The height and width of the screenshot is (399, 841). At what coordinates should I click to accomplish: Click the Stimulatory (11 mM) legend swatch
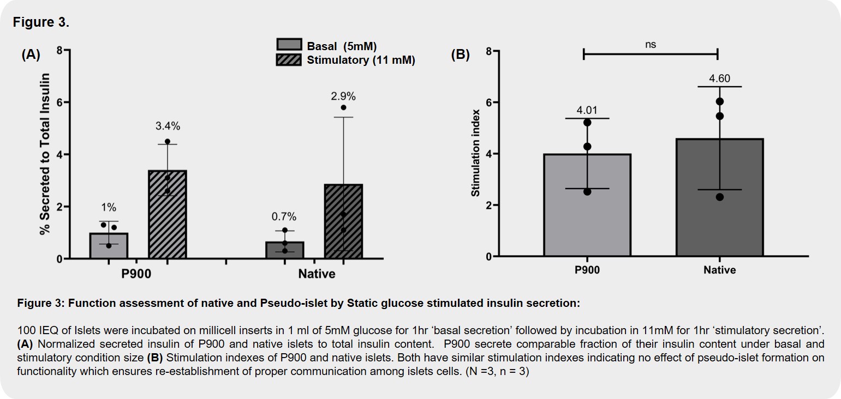(289, 59)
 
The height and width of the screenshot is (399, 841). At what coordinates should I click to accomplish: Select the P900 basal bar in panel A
(109, 246)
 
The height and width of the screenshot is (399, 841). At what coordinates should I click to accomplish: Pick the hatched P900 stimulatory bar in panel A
(168, 215)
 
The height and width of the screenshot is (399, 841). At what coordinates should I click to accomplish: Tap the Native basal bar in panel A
(285, 250)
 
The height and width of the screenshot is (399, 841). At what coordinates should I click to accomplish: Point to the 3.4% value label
(167, 126)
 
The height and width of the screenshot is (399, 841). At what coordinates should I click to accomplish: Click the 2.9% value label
(343, 96)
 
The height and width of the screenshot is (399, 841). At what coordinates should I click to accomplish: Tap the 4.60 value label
(719, 78)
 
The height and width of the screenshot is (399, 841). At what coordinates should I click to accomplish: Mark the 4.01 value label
(587, 110)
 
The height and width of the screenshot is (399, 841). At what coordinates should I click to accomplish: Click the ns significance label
(650, 45)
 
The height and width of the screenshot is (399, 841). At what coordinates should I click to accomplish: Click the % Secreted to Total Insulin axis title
(45, 154)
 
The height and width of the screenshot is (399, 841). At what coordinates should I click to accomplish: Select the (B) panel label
(460, 55)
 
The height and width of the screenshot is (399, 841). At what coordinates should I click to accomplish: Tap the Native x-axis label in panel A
(317, 274)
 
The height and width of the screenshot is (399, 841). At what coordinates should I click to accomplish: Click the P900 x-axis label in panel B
(587, 270)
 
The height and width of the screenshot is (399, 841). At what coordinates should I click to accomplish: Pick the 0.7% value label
(285, 217)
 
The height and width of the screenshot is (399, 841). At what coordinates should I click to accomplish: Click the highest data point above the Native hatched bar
(343, 107)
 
